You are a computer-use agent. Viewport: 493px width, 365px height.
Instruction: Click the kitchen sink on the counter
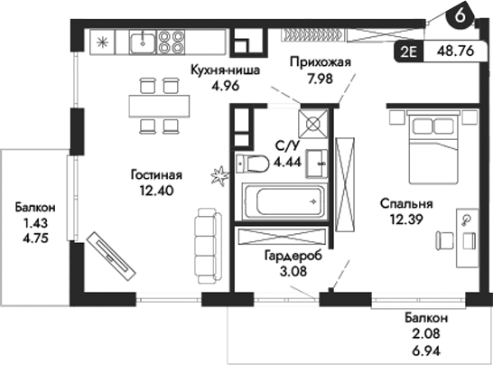[x=142, y=41]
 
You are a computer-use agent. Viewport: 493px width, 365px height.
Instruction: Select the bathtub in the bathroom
[x=281, y=201]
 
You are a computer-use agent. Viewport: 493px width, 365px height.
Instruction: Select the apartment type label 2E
[x=407, y=51]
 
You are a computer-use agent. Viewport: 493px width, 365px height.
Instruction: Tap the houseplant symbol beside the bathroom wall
[x=218, y=173]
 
